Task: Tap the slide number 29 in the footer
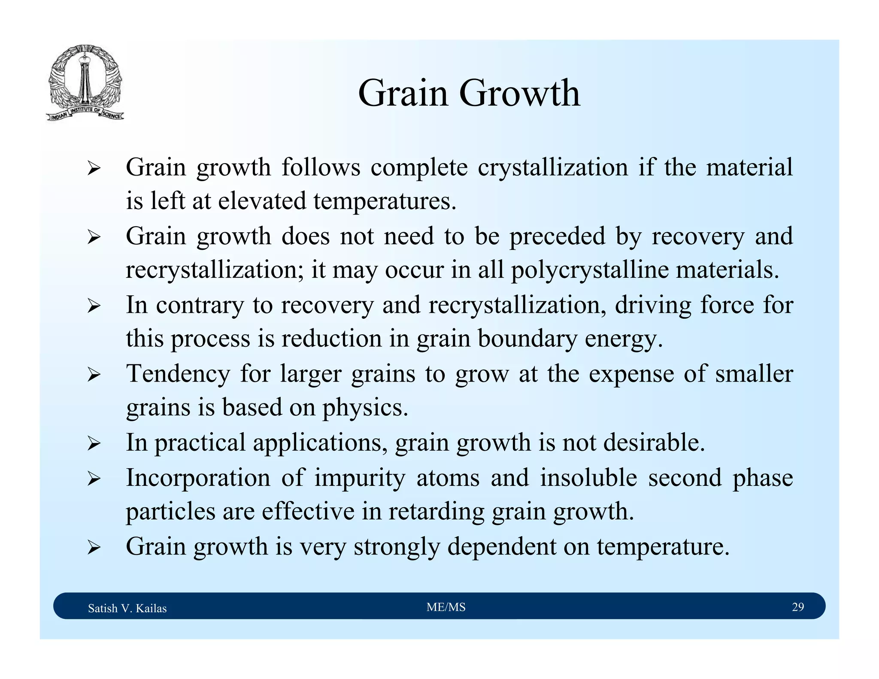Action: pyautogui.click(x=797, y=607)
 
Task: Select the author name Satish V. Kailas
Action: pyautogui.click(x=127, y=608)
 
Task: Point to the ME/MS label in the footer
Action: pyautogui.click(x=446, y=607)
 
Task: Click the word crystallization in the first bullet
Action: pyautogui.click(x=553, y=167)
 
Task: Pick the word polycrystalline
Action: pyautogui.click(x=589, y=270)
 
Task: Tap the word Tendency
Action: pyautogui.click(x=178, y=374)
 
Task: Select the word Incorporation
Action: pyautogui.click(x=198, y=478)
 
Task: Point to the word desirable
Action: pyautogui.click(x=653, y=443)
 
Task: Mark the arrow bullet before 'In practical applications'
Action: pyautogui.click(x=94, y=444)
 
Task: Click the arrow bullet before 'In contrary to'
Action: pyautogui.click(x=94, y=306)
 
